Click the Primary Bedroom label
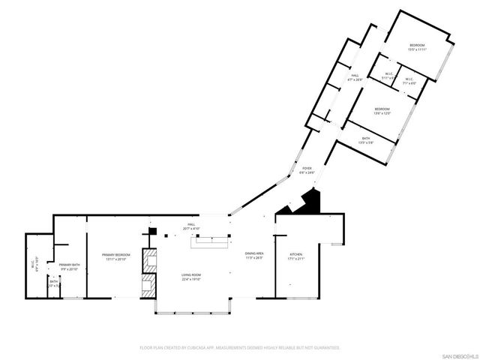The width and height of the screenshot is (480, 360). pyautogui.click(x=116, y=257)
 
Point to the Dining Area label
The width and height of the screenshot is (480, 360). pyautogui.click(x=254, y=257)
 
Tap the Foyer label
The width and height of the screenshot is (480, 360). pyautogui.click(x=307, y=170)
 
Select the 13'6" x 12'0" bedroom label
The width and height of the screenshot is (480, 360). pyautogui.click(x=382, y=112)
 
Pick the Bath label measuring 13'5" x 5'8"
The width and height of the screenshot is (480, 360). pyautogui.click(x=366, y=140)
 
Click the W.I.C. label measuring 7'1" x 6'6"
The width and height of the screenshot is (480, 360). pyautogui.click(x=409, y=81)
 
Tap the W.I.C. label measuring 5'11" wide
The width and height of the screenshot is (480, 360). pyautogui.click(x=388, y=76)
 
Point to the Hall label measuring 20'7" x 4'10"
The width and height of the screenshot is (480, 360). pyautogui.click(x=191, y=226)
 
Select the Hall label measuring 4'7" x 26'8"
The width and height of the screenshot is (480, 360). pyautogui.click(x=355, y=77)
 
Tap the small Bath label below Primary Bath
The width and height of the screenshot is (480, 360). pyautogui.click(x=54, y=283)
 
